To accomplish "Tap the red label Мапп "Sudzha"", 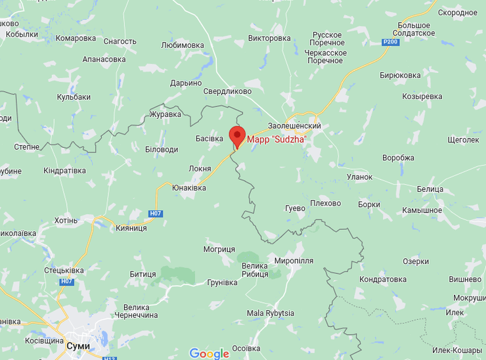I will [276, 139].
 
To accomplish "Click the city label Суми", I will [78, 346].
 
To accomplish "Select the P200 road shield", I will [391, 42].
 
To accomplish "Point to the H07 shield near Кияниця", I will [156, 214].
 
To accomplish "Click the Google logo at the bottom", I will [210, 353].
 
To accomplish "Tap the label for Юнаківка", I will [188, 188].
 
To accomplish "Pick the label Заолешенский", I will [294, 125].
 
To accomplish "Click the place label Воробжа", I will [398, 158].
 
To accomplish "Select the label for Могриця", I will [219, 250].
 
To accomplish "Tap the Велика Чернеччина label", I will [141, 311].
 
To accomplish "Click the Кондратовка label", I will [383, 279].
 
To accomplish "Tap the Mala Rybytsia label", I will [270, 313].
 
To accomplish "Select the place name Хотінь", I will [66, 220].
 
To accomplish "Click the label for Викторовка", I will [270, 38].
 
